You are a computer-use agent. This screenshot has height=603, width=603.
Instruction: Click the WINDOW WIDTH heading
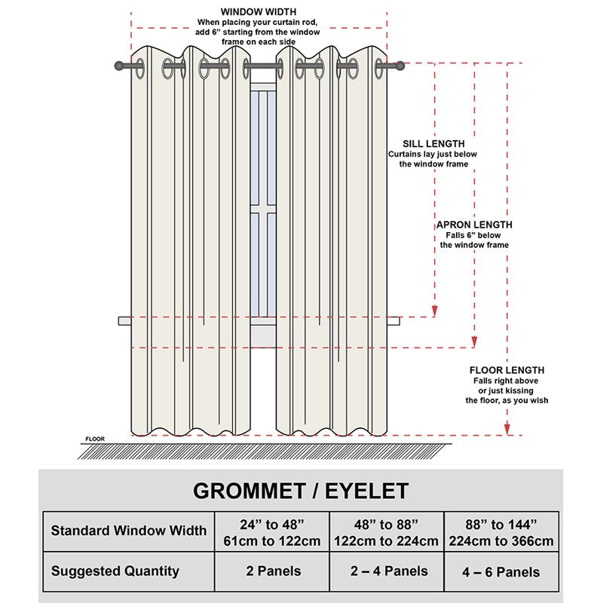click(x=258, y=12)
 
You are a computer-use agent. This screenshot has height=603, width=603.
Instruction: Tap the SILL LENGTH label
click(x=433, y=144)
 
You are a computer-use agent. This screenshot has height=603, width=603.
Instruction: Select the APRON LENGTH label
click(x=474, y=225)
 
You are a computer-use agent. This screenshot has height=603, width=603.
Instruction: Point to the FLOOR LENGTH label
click(x=507, y=370)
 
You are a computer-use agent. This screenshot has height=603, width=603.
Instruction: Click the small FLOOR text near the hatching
click(x=95, y=439)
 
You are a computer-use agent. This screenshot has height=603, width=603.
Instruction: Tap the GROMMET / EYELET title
click(x=301, y=491)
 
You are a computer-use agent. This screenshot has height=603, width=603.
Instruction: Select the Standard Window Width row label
click(x=129, y=531)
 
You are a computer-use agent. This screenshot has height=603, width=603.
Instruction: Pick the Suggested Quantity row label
click(x=115, y=571)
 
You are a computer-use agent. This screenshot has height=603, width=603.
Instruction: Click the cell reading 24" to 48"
click(x=272, y=533)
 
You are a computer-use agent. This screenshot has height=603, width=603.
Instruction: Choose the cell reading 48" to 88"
click(x=386, y=533)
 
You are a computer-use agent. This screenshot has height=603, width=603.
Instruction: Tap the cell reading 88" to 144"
click(x=501, y=533)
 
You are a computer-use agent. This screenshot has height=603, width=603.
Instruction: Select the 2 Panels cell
click(x=274, y=571)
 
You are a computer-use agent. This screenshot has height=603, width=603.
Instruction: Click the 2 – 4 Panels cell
click(x=389, y=571)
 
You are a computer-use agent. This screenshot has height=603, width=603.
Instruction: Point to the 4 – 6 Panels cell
click(x=501, y=572)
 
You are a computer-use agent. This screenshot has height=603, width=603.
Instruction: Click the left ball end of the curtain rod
click(x=119, y=66)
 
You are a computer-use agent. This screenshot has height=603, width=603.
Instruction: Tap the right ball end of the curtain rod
click(x=400, y=66)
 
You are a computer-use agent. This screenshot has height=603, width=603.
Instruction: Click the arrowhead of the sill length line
click(x=435, y=311)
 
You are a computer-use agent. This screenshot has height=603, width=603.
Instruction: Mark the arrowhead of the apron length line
click(x=474, y=342)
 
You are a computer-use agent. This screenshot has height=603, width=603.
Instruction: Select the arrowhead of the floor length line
click(x=507, y=429)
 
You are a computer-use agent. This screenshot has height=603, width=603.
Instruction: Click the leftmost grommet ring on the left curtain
click(x=139, y=69)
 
